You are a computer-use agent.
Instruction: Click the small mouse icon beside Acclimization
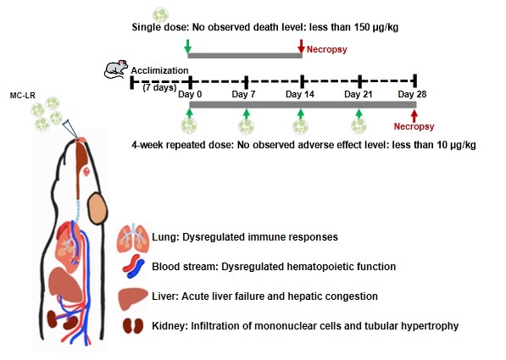pos(115,69)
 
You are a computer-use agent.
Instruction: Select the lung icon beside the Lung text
pos(133,237)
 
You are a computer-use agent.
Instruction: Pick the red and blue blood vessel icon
pos(134,267)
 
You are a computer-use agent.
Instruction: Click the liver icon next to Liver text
pos(133,296)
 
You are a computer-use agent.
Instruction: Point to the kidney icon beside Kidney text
pos(134,326)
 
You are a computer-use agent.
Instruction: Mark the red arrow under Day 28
pos(414,115)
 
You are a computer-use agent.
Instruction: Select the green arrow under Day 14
pos(301,114)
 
